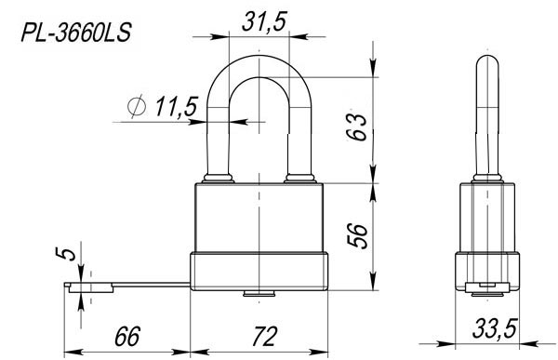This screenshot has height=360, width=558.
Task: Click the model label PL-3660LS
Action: pos(76,33)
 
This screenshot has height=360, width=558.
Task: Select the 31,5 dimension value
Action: pos(264,22)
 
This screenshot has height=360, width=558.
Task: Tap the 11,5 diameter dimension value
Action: pos(176,106)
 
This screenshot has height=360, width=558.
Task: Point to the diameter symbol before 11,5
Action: pos(137,106)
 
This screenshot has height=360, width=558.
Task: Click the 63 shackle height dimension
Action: pos(357,127)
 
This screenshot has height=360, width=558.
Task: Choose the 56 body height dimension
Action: pos(357,235)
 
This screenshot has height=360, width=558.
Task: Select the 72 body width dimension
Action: pos(264,336)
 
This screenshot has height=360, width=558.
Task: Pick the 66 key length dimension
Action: pos(127,336)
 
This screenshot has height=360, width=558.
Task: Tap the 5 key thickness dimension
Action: pos(66,254)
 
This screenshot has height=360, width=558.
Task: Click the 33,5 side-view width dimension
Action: pos(495,328)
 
